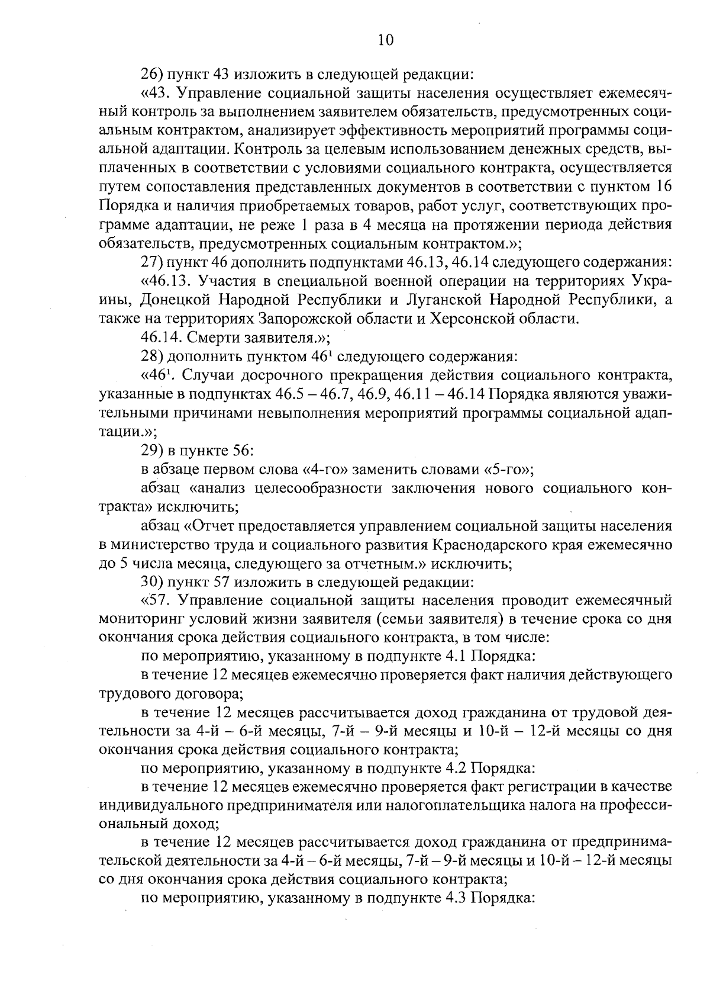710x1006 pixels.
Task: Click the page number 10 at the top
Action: tap(385, 40)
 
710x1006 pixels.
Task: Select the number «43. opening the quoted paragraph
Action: tap(156, 94)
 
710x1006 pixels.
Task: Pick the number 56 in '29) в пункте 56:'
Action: tap(243, 451)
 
